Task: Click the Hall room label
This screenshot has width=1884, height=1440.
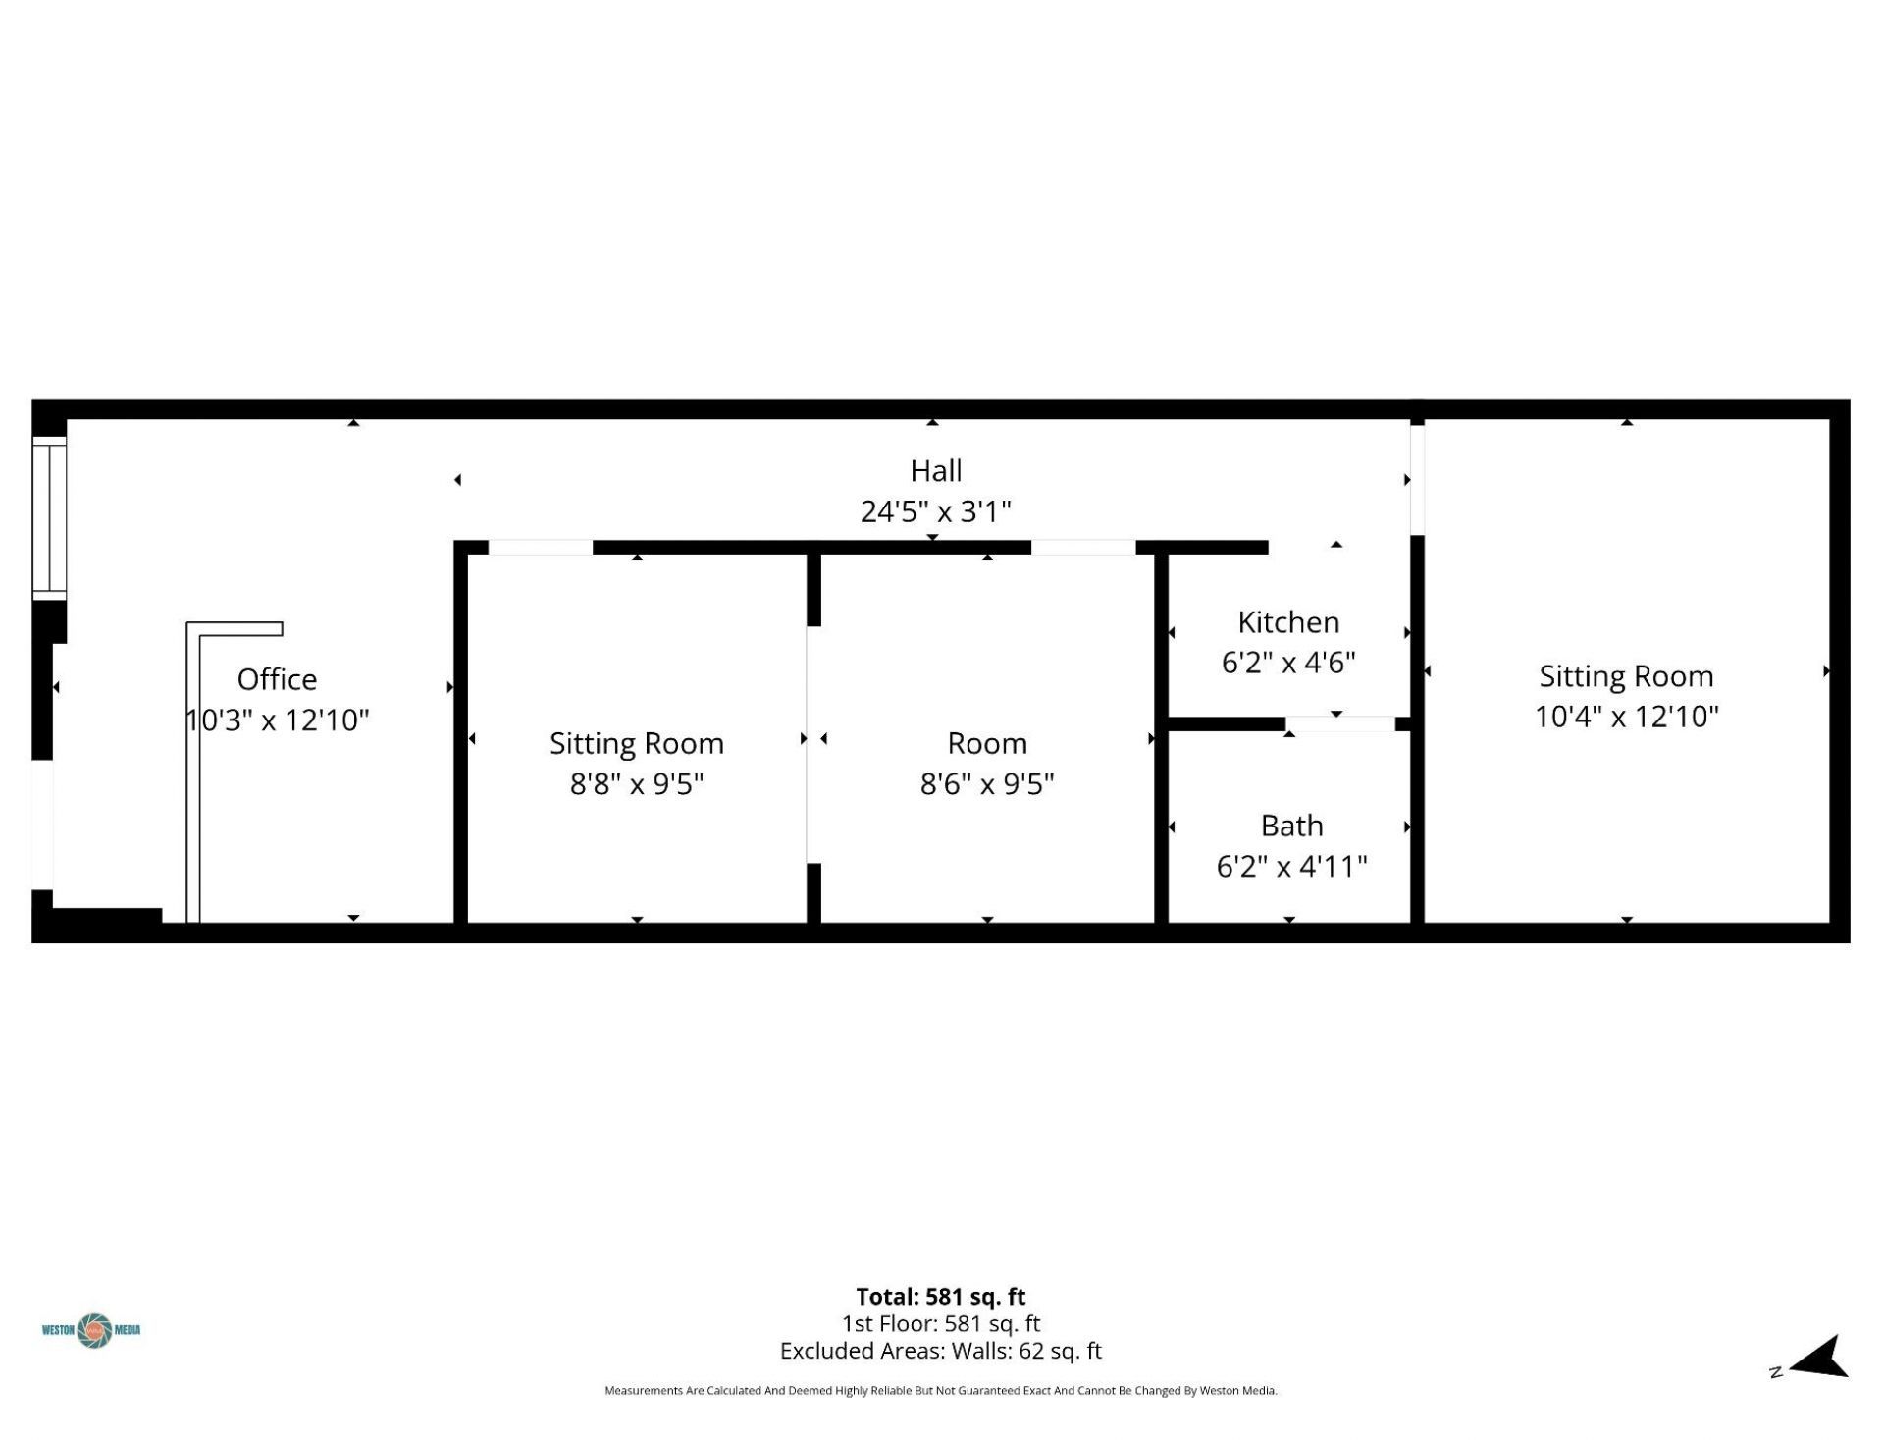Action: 935,471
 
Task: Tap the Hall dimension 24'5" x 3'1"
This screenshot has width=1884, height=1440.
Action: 935,511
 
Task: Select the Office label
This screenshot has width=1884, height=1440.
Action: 277,679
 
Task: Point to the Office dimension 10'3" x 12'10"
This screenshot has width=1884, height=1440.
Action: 278,720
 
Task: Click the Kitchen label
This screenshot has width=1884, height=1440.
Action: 1288,622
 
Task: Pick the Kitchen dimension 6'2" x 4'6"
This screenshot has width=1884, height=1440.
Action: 1288,663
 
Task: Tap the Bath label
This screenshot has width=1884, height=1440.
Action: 1291,826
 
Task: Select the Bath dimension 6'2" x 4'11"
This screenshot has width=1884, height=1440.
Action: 1291,866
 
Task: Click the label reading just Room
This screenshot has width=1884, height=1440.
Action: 987,743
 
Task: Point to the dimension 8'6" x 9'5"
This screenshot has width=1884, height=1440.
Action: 987,783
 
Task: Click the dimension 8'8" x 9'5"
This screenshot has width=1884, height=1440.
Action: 637,783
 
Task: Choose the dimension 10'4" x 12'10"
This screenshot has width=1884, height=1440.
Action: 1626,717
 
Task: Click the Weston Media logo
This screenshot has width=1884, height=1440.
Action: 92,1330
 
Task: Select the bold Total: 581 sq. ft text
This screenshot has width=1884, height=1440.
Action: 940,1297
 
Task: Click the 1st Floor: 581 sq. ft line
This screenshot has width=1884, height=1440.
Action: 940,1323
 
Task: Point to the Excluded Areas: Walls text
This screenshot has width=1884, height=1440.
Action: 940,1351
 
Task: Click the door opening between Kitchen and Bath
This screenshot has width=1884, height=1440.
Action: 1339,724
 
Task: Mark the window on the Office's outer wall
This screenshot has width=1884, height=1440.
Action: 49,517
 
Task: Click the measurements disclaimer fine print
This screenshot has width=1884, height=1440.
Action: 940,1390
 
